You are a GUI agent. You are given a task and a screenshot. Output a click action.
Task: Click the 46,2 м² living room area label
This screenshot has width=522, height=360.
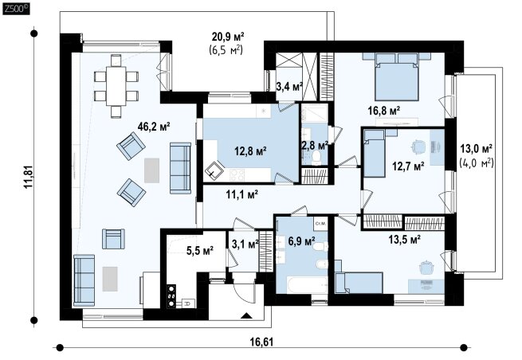point(154,127)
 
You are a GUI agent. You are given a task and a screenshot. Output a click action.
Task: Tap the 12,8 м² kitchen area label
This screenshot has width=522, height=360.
point(250,151)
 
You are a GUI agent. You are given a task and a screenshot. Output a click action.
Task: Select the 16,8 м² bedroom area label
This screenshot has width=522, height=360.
point(384,111)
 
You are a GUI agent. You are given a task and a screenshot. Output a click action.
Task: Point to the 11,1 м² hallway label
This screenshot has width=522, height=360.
point(242,194)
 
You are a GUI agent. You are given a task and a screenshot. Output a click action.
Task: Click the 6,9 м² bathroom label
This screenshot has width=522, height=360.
point(302,241)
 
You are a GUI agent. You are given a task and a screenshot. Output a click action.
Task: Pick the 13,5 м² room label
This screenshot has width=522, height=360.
point(405,239)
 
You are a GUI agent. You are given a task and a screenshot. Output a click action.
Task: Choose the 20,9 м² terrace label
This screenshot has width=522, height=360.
point(228,36)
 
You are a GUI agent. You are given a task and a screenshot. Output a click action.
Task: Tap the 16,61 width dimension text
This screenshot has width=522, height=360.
point(262,342)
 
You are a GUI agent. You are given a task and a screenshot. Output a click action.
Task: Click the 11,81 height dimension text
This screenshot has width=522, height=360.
point(29,177)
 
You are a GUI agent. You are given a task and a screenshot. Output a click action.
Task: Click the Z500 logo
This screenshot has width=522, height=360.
point(16,9)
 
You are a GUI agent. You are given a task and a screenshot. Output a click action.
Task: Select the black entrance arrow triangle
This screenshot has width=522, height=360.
point(247,315)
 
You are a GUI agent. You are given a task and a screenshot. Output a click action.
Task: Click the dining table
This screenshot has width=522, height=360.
point(116,86)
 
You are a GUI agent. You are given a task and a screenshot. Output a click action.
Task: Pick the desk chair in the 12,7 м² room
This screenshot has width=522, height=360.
point(418,146)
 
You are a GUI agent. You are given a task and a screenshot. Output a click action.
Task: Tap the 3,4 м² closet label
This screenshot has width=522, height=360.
point(289,87)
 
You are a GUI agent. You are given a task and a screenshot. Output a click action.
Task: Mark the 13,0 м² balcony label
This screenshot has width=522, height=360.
point(477,148)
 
